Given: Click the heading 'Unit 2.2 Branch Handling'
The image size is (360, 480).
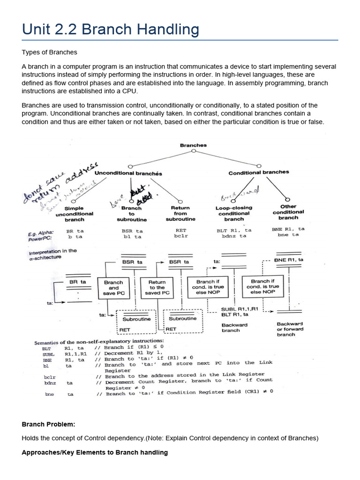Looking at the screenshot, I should [110, 30].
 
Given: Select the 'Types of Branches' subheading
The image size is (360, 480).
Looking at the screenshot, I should [49, 52].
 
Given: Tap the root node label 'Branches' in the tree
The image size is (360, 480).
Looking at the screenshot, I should [193, 145].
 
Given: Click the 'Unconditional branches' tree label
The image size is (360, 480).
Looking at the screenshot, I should [128, 173].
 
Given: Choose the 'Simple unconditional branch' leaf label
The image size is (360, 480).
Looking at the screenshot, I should [74, 214].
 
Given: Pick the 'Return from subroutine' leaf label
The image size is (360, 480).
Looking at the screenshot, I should [180, 213].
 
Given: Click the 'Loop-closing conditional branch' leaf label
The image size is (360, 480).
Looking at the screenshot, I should [234, 213].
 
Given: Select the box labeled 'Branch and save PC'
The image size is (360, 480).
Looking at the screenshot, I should [113, 288].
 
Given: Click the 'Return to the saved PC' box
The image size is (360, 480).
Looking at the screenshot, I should [157, 288].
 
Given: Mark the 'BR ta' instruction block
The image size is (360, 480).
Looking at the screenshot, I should [77, 282].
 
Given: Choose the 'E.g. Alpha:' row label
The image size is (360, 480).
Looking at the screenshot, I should [40, 232].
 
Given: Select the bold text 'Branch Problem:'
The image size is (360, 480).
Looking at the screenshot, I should [48, 424].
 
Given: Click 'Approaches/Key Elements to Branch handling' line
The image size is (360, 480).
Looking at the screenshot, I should [95, 452].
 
